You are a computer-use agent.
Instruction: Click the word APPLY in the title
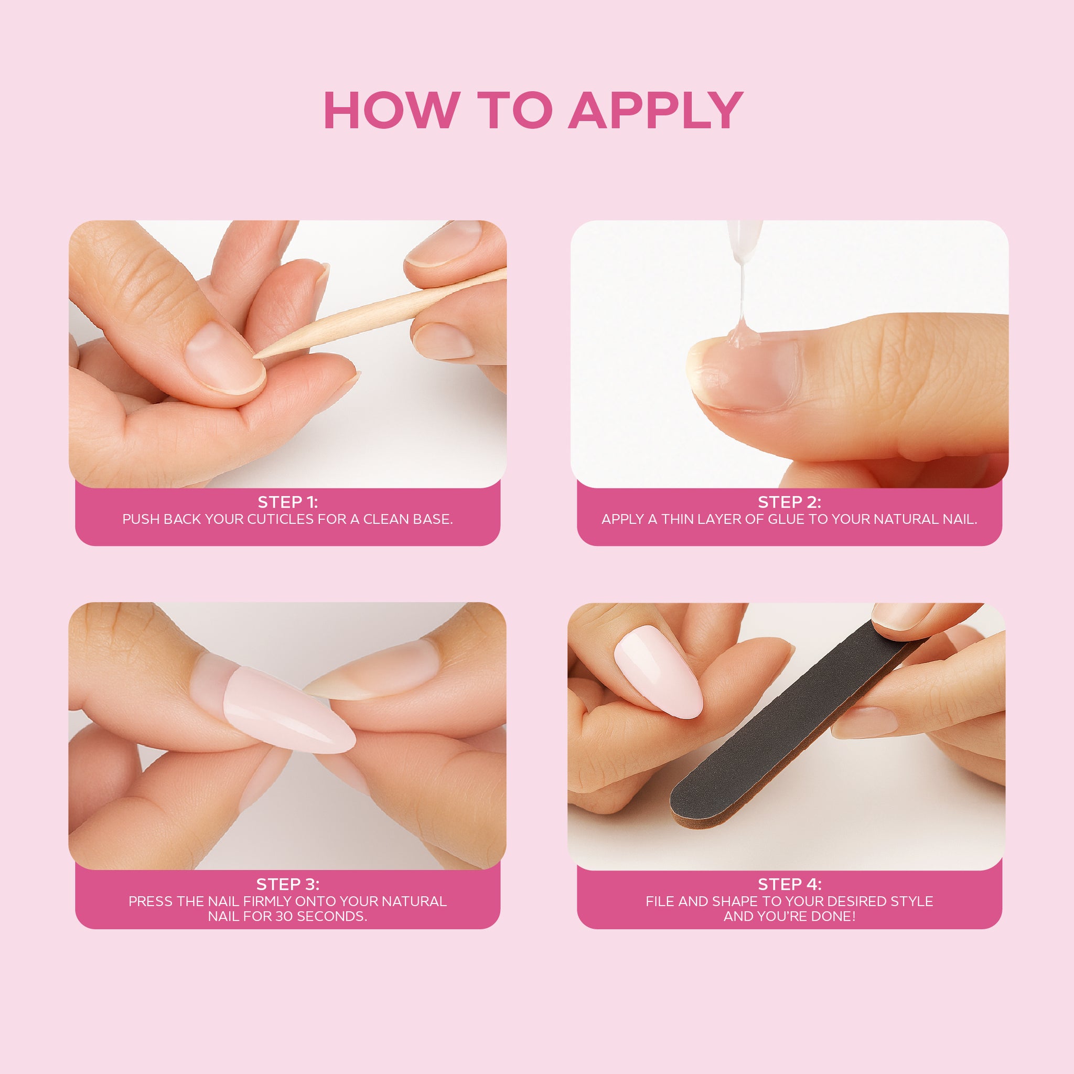(x=656, y=111)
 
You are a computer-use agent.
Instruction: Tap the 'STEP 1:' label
(x=287, y=502)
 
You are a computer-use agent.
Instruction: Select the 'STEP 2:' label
(x=789, y=502)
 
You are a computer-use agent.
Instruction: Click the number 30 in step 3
(x=293, y=916)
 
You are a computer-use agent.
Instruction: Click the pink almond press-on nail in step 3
(x=288, y=710)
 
